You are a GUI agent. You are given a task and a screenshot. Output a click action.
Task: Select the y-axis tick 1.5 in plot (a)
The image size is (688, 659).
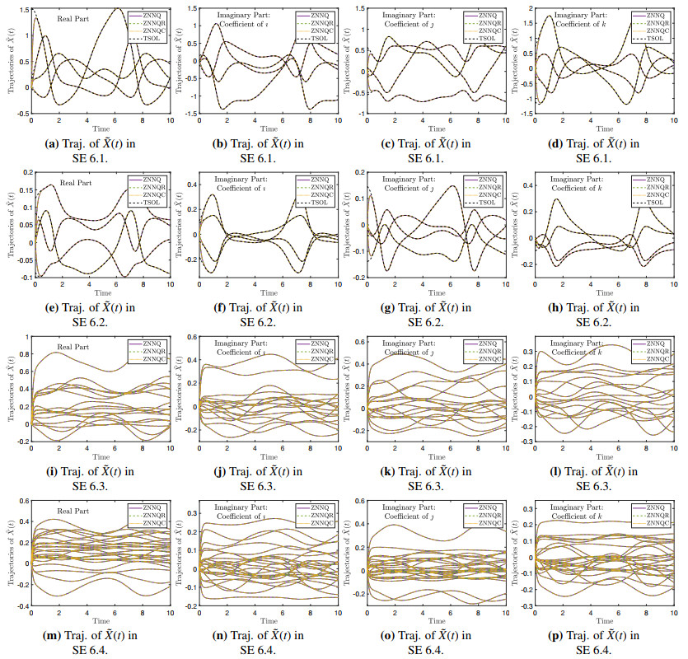[22, 11]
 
